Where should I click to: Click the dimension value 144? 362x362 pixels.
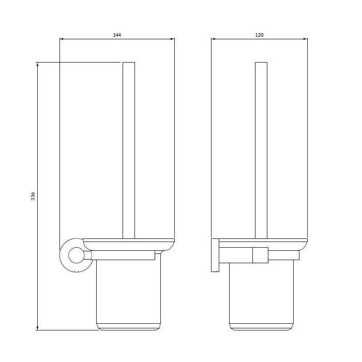[x=117, y=35]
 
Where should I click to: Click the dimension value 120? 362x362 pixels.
[x=259, y=35]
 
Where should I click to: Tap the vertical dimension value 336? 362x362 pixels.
[x=33, y=196]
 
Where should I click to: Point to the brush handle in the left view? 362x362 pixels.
[x=129, y=150]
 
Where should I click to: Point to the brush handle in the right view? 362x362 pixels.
[x=261, y=150]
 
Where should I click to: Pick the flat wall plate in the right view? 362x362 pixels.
[x=215, y=255]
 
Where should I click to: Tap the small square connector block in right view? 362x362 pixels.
[x=260, y=255]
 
